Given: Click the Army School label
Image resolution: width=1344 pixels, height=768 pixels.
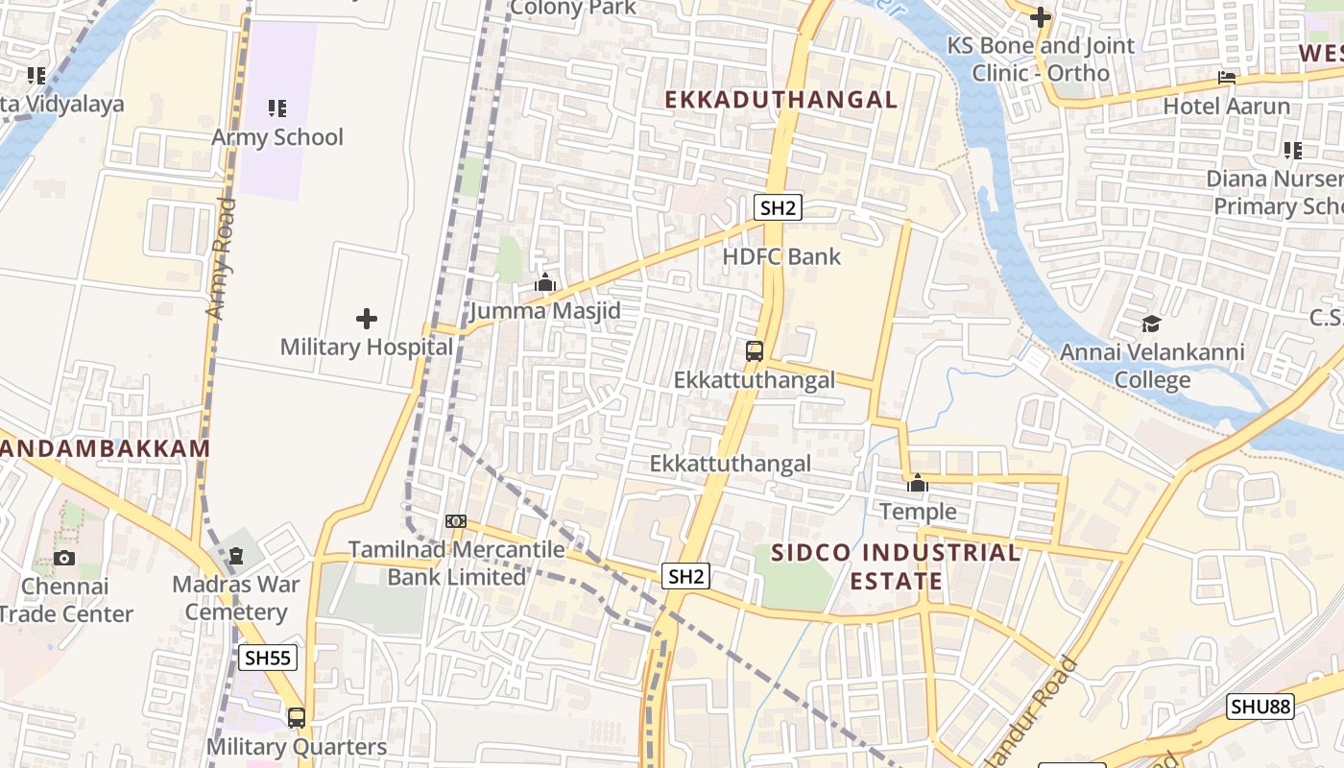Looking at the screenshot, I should coord(276,137).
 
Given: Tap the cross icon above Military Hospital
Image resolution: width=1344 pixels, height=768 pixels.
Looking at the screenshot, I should coord(367,319).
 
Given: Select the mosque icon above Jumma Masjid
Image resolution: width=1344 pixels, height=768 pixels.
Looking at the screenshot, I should coord(545,282).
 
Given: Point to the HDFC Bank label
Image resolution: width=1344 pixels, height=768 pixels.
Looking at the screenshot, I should coord(781,256).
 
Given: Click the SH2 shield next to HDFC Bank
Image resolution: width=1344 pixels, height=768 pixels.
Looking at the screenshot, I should coord(778,207).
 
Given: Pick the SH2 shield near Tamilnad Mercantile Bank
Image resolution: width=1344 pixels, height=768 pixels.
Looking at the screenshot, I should coord(686,576).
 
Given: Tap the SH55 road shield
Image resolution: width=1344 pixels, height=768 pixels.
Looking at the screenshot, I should coord(268,658).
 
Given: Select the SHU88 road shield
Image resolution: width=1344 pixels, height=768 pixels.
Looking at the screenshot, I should coord(1260,708).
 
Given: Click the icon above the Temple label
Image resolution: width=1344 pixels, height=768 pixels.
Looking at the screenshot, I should coord(918,483).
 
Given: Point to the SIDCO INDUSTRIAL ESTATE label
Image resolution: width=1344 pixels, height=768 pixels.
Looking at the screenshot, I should coord(897,566).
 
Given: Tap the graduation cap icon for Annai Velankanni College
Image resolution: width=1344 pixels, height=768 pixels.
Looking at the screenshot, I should coord(1151,324).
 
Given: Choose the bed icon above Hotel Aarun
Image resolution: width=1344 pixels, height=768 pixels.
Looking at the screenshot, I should coord(1226,77).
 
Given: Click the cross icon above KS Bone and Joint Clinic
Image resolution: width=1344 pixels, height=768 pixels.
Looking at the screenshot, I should coord(1040,17).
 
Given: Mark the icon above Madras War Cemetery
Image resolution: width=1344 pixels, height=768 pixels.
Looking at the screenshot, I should coord(236,555).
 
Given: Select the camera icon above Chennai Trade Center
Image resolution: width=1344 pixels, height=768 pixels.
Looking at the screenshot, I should coord(64,558).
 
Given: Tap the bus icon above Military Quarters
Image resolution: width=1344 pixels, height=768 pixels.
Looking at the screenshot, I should coord(297,717).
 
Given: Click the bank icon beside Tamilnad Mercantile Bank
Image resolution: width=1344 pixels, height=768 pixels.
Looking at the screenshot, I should coord(456,521).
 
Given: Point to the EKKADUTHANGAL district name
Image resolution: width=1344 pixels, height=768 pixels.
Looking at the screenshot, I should coord(781,99).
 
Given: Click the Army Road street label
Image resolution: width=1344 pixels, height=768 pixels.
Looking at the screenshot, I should coord(221,259).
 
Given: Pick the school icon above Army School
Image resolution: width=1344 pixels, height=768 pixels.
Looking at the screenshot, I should coord(276,108).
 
